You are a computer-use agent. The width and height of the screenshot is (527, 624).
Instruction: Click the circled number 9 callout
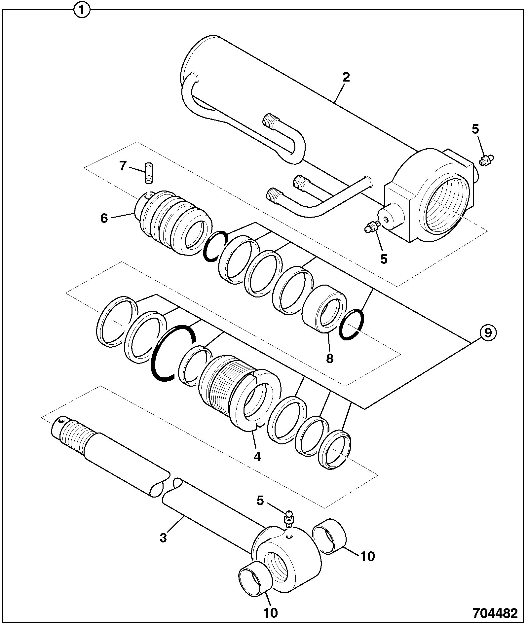pos(488,333)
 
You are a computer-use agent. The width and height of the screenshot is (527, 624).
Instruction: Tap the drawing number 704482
pos(495,613)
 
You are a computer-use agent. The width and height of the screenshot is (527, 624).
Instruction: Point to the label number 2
pos(346,78)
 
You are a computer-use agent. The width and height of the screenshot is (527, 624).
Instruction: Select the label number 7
pos(123,166)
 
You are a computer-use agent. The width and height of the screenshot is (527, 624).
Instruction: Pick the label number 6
pos(104,218)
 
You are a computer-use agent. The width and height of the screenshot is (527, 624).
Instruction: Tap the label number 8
pos(329,358)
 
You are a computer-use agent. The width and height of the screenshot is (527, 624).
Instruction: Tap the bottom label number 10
pos(271,613)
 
